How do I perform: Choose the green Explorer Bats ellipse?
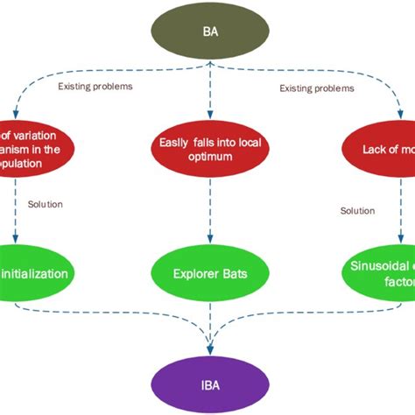pos(207,273)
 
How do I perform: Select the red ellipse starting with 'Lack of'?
pos(376,151)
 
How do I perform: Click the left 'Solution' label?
pos(46,204)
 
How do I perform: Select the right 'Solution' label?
pos(357,211)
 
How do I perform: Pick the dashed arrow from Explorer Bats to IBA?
pos(207,324)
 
